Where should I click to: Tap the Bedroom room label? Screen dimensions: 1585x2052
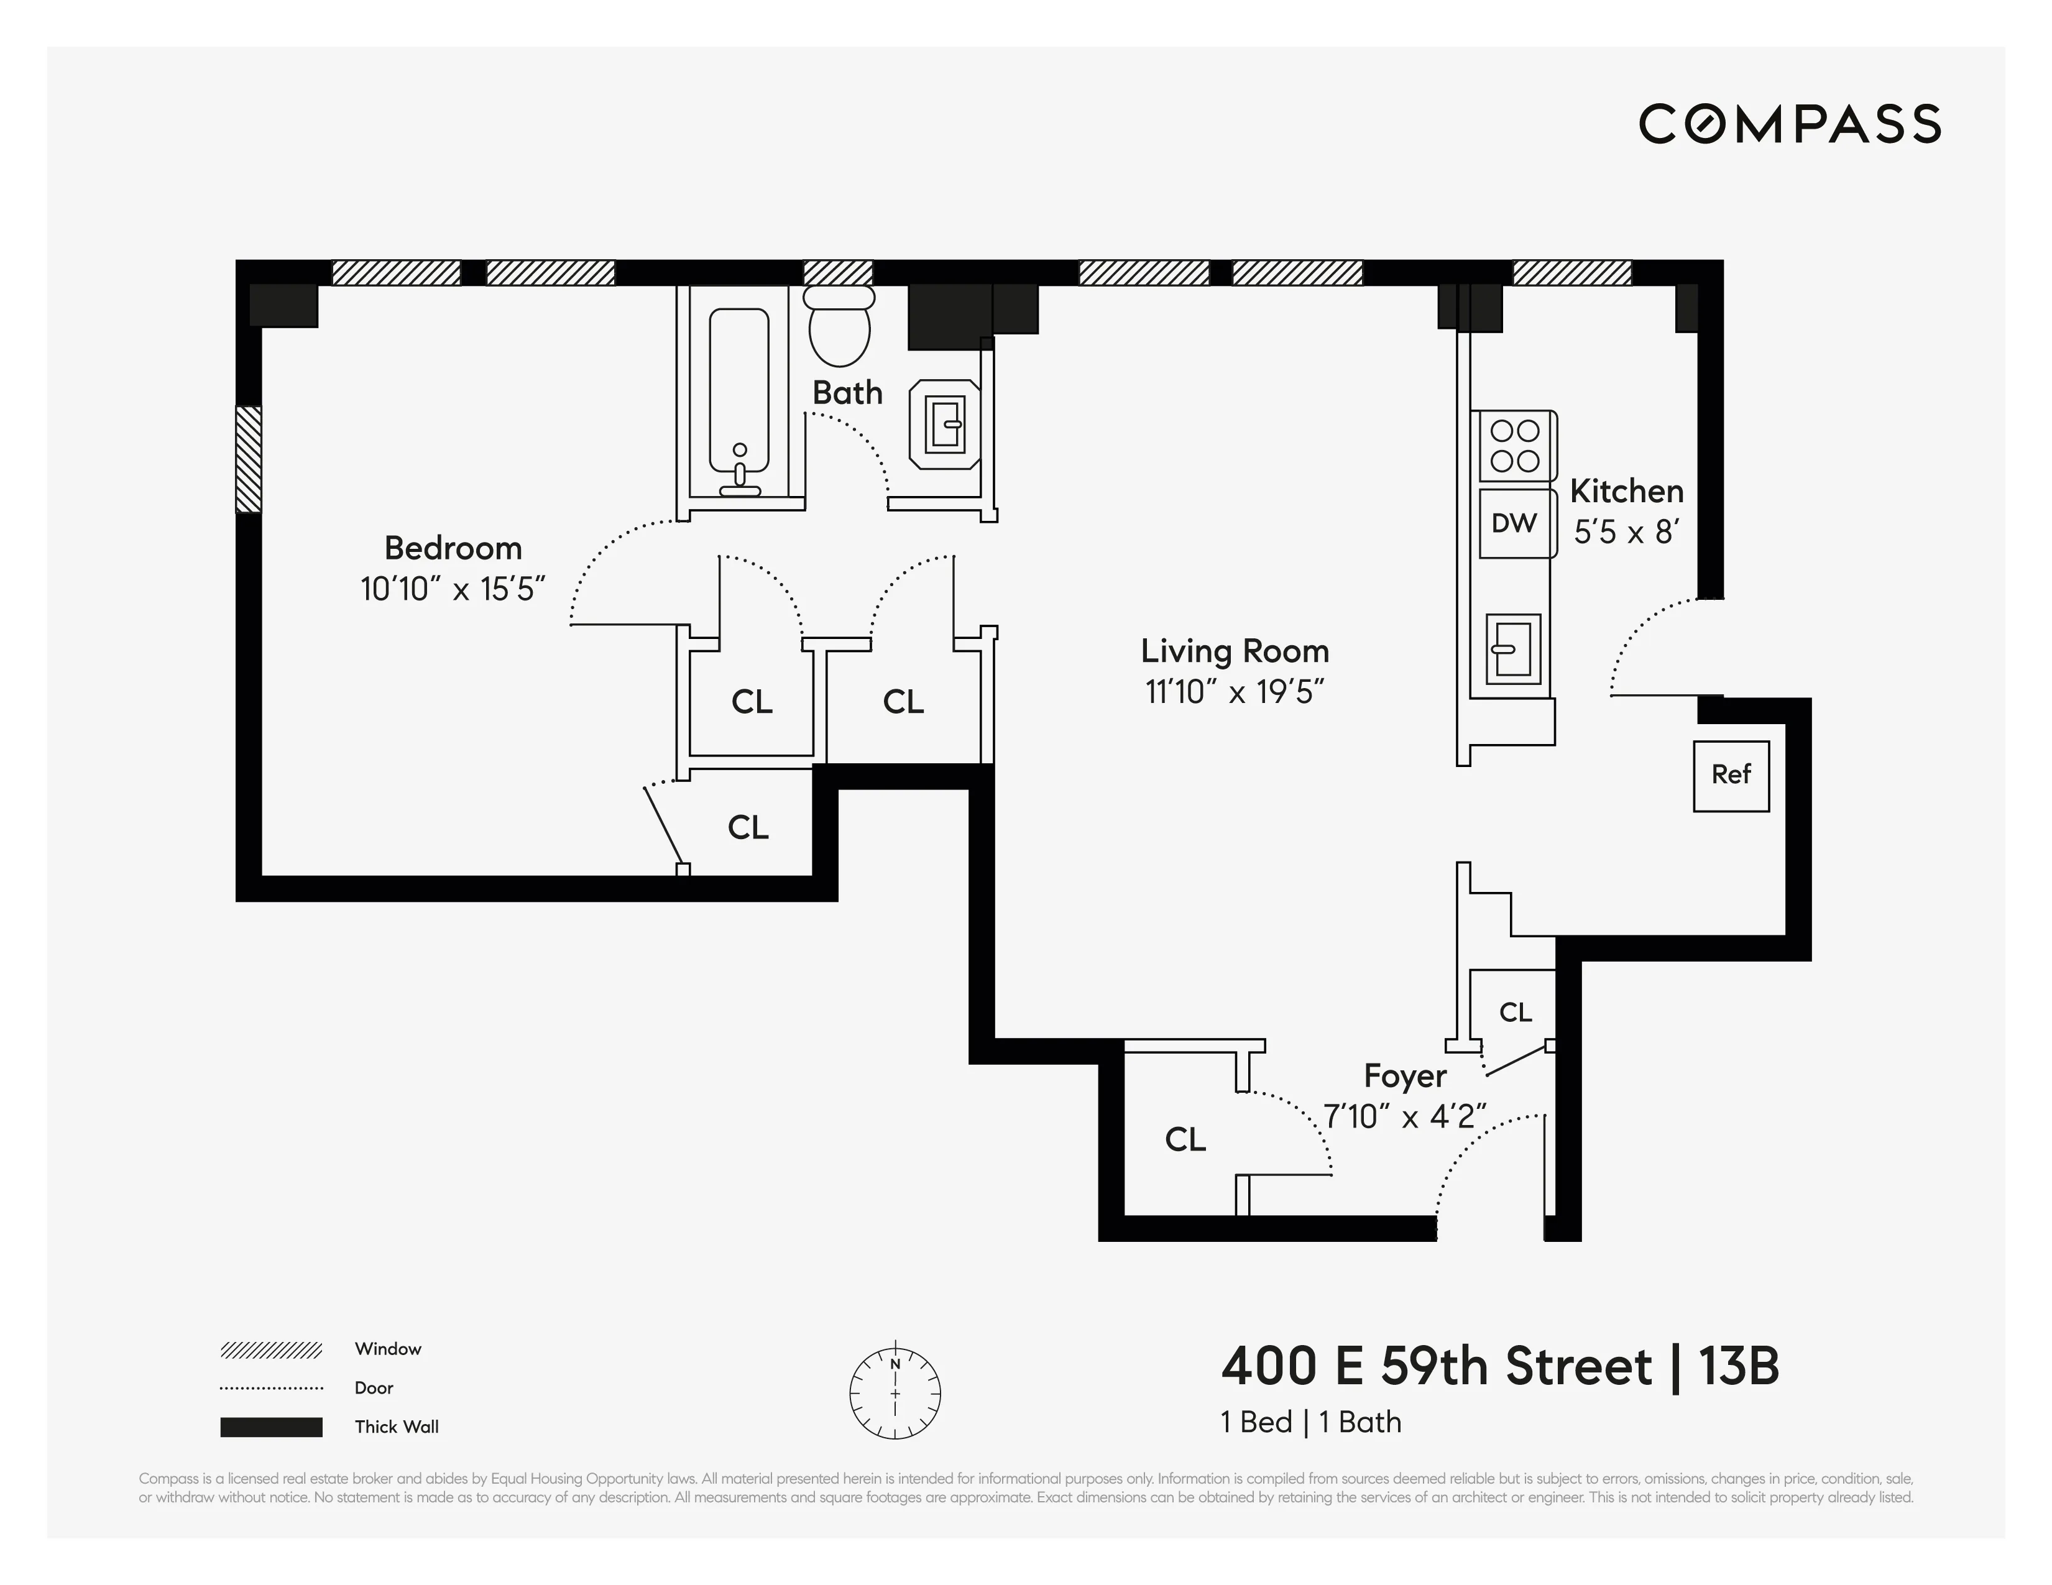coord(453,548)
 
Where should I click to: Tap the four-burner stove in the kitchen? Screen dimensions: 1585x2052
coord(1514,445)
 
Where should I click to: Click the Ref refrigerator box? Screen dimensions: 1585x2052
coord(1731,775)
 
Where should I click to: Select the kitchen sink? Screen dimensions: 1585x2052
coord(1512,648)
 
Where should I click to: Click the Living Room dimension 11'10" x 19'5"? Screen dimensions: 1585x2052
coord(1234,692)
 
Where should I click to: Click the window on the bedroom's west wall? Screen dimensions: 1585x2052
coord(248,459)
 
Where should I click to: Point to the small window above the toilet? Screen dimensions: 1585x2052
coord(838,272)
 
